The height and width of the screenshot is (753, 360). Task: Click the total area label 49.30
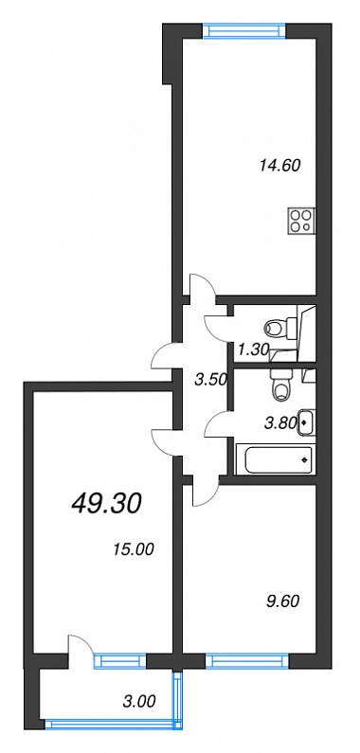(x=106, y=504)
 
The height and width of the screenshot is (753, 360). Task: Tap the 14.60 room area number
(x=279, y=166)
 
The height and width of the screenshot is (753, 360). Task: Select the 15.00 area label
(x=134, y=549)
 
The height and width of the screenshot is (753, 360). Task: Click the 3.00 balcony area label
(x=139, y=702)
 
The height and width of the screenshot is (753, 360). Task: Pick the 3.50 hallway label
(x=210, y=380)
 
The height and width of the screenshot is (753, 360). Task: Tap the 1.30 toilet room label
(x=252, y=350)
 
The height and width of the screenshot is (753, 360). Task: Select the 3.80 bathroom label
(x=279, y=424)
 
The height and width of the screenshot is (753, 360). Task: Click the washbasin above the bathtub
(x=307, y=422)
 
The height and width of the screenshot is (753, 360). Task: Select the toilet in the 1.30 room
(x=279, y=329)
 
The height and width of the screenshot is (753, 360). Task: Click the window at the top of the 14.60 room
(x=245, y=30)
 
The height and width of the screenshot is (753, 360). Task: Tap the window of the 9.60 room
(x=247, y=662)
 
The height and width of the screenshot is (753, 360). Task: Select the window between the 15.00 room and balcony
(x=119, y=661)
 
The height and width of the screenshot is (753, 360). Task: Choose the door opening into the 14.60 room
(x=203, y=287)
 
